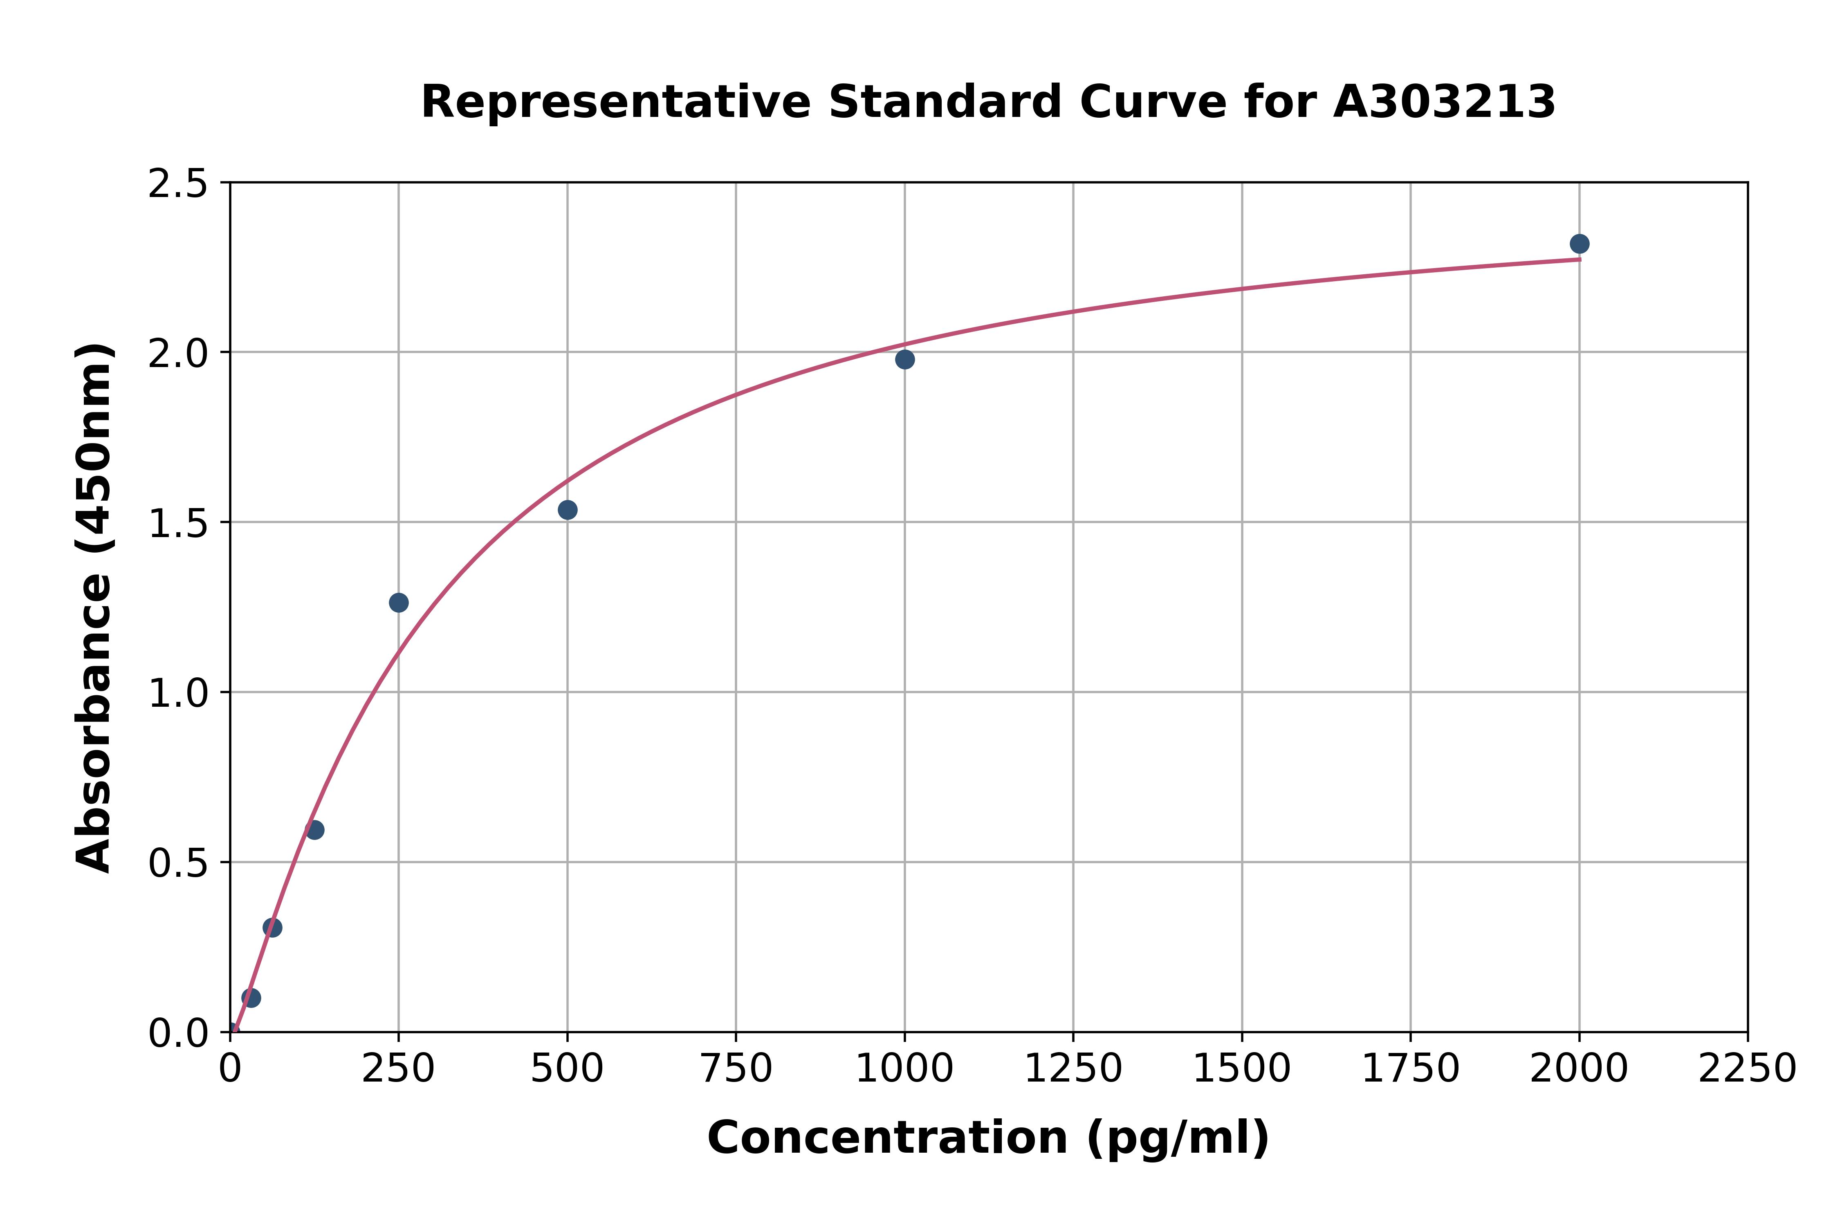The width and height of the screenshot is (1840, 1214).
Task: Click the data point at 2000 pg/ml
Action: point(1579,244)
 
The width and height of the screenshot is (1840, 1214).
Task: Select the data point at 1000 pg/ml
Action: point(904,359)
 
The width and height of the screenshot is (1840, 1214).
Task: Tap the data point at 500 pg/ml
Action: point(568,509)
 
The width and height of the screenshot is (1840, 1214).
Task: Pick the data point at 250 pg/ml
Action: point(399,603)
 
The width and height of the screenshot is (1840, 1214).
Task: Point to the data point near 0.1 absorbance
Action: point(251,997)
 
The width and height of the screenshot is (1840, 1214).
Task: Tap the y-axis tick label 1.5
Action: point(178,523)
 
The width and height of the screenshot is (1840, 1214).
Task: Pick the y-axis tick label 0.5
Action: point(178,862)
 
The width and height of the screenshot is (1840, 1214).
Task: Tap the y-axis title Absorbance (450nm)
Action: point(94,608)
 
